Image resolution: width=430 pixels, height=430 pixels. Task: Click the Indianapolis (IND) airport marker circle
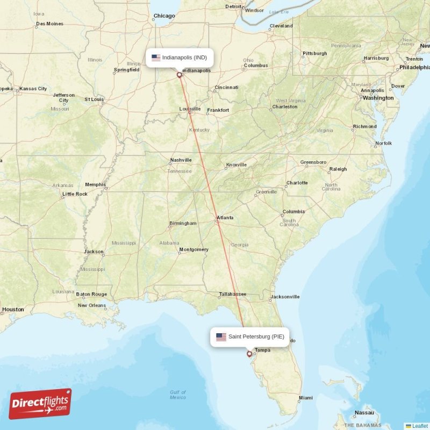pyautogui.click(x=179, y=75)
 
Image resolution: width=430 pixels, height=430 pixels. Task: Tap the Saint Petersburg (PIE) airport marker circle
pyautogui.click(x=249, y=354)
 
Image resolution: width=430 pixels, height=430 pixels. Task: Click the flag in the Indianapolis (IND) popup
pyautogui.click(x=156, y=57)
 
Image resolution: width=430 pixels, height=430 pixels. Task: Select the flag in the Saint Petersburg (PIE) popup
pyautogui.click(x=221, y=337)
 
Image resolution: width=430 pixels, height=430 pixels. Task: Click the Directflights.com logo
pyautogui.click(x=40, y=404)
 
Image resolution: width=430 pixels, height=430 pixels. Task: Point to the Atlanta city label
pyautogui.click(x=225, y=218)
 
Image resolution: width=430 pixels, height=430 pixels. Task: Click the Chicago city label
pyautogui.click(x=164, y=16)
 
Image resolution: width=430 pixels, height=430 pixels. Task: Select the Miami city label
pyautogui.click(x=306, y=398)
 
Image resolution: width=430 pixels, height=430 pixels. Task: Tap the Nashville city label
pyautogui.click(x=181, y=160)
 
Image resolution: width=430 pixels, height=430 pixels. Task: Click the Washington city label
pyautogui.click(x=378, y=98)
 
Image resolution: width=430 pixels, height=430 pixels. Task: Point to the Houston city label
pyautogui.click(x=13, y=309)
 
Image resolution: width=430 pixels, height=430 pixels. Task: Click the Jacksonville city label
pyautogui.click(x=285, y=296)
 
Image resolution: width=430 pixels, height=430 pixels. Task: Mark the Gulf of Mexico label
pyautogui.click(x=177, y=395)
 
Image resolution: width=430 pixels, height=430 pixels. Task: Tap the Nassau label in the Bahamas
pyautogui.click(x=364, y=413)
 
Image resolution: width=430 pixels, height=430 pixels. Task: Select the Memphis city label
pyautogui.click(x=95, y=184)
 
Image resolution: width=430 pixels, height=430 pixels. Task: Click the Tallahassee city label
pyautogui.click(x=232, y=294)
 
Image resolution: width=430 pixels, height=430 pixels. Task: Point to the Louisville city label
pyautogui.click(x=190, y=109)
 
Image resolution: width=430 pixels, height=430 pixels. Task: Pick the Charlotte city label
pyautogui.click(x=297, y=183)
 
